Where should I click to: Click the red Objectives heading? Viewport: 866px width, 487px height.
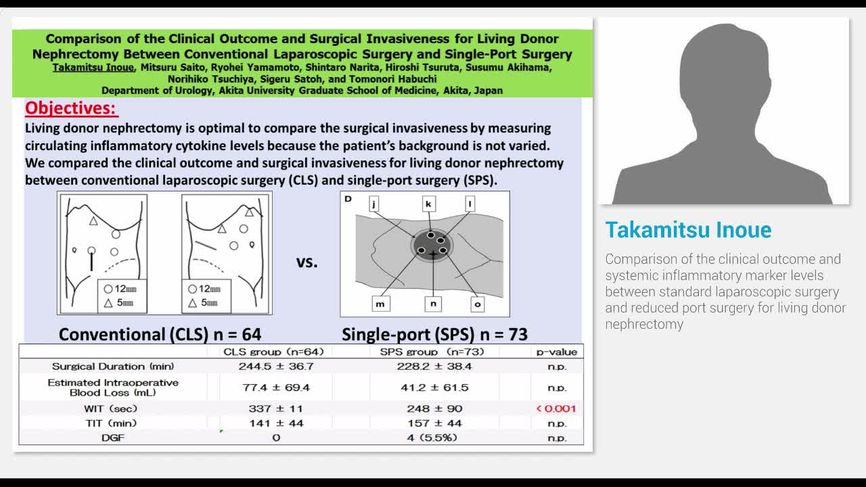pyautogui.click(x=71, y=108)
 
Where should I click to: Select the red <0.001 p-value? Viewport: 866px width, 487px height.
pyautogui.click(x=556, y=409)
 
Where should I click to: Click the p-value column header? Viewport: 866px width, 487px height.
pyautogui.click(x=557, y=352)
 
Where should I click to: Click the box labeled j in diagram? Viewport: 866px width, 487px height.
pyautogui.click(x=374, y=204)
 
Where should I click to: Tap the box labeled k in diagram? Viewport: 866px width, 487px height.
pyautogui.click(x=429, y=204)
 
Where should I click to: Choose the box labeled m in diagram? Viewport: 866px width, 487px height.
pyautogui.click(x=380, y=304)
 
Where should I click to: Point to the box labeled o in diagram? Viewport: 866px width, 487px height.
pyautogui.click(x=478, y=304)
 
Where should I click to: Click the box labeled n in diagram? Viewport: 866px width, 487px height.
pyautogui.click(x=433, y=304)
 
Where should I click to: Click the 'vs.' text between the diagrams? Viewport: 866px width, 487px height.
pyautogui.click(x=306, y=262)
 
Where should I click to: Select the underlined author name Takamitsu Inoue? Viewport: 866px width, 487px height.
pyautogui.click(x=94, y=68)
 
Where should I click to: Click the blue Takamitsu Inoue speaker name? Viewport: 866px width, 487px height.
pyautogui.click(x=688, y=230)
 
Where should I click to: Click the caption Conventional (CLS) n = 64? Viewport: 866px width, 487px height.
pyautogui.click(x=160, y=334)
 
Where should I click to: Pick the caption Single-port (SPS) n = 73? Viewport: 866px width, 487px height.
pyautogui.click(x=434, y=334)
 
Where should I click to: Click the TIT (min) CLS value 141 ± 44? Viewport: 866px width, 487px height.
pyautogui.click(x=277, y=423)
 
